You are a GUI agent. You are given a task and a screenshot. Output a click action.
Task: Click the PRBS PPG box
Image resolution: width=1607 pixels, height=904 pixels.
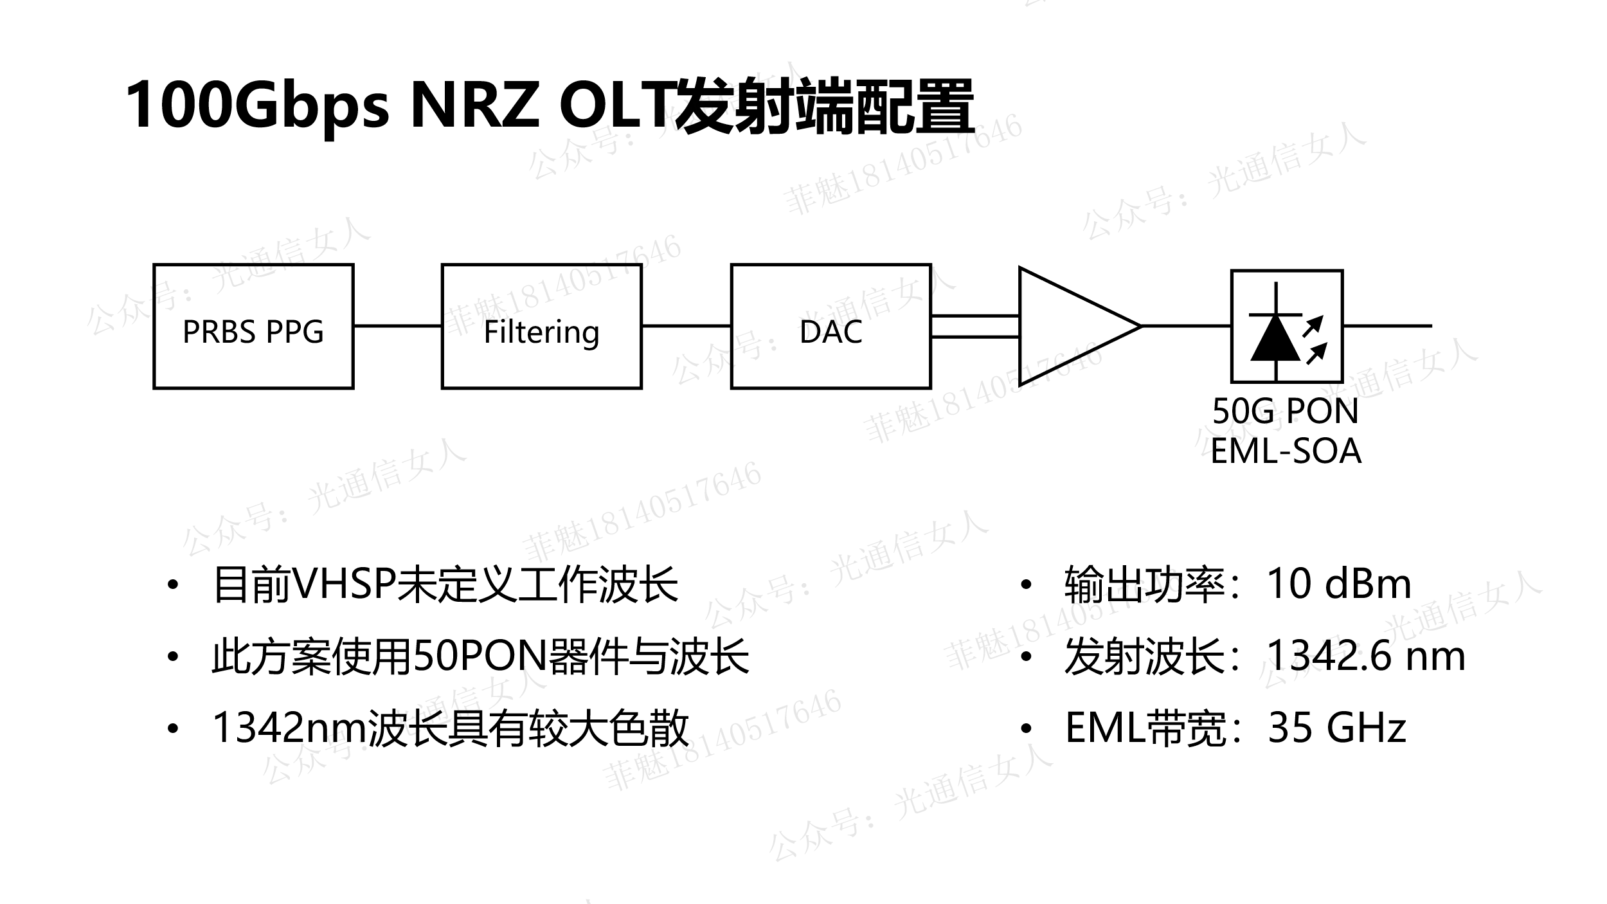click(x=253, y=327)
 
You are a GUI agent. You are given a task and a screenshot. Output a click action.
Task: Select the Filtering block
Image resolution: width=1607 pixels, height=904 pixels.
click(x=541, y=327)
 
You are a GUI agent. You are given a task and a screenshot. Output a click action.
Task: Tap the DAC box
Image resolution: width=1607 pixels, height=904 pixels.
click(x=830, y=327)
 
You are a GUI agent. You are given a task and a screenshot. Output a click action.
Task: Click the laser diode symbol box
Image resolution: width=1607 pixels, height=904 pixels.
click(x=1286, y=327)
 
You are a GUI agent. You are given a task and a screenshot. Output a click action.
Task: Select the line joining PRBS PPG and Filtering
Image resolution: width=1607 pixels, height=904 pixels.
click(x=397, y=326)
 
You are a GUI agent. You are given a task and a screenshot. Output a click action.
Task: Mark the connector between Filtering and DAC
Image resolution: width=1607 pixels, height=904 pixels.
click(x=686, y=326)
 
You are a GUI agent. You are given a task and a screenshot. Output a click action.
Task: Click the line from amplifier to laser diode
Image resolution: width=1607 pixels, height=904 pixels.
click(x=1186, y=326)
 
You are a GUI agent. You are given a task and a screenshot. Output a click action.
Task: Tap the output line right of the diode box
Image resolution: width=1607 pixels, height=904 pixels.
click(x=1387, y=326)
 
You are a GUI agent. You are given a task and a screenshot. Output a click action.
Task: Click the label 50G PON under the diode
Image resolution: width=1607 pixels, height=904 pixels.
click(x=1286, y=411)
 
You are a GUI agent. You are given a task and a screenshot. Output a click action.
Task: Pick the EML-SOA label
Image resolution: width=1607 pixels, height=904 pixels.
click(x=1286, y=451)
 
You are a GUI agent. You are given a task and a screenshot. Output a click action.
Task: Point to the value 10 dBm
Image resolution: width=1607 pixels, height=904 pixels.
click(x=1338, y=584)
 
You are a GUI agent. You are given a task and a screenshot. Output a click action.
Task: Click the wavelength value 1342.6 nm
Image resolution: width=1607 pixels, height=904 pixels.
click(x=1365, y=656)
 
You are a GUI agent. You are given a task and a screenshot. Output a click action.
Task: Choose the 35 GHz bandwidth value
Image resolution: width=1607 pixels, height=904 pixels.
click(x=1336, y=728)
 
